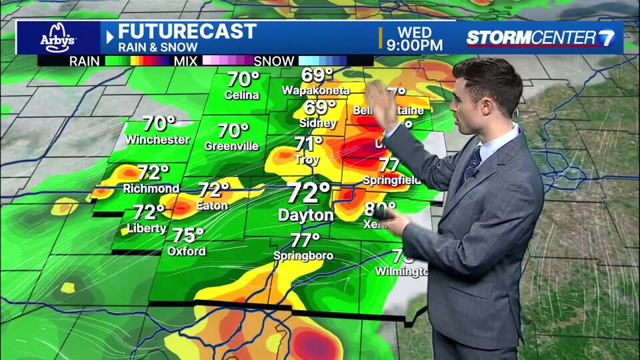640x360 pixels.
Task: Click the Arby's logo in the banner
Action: tap(57, 37)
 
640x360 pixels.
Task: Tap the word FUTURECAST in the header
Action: tap(187, 31)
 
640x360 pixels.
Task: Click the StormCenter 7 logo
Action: tap(541, 37)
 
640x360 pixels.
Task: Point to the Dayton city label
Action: tap(305, 215)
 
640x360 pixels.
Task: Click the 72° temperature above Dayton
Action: tap(309, 193)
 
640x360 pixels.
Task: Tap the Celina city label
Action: tap(241, 95)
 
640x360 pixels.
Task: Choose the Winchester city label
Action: tap(157, 140)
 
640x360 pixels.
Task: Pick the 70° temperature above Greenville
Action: tap(233, 131)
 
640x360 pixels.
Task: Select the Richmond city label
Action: tap(151, 189)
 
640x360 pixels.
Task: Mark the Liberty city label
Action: tap(146, 229)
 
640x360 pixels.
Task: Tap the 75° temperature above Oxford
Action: tap(188, 235)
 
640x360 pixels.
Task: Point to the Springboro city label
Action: tap(303, 256)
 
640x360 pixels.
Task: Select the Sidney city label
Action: tap(318, 123)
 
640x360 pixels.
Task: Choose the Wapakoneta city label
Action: tap(315, 90)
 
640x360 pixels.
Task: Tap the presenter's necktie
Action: tap(473, 162)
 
